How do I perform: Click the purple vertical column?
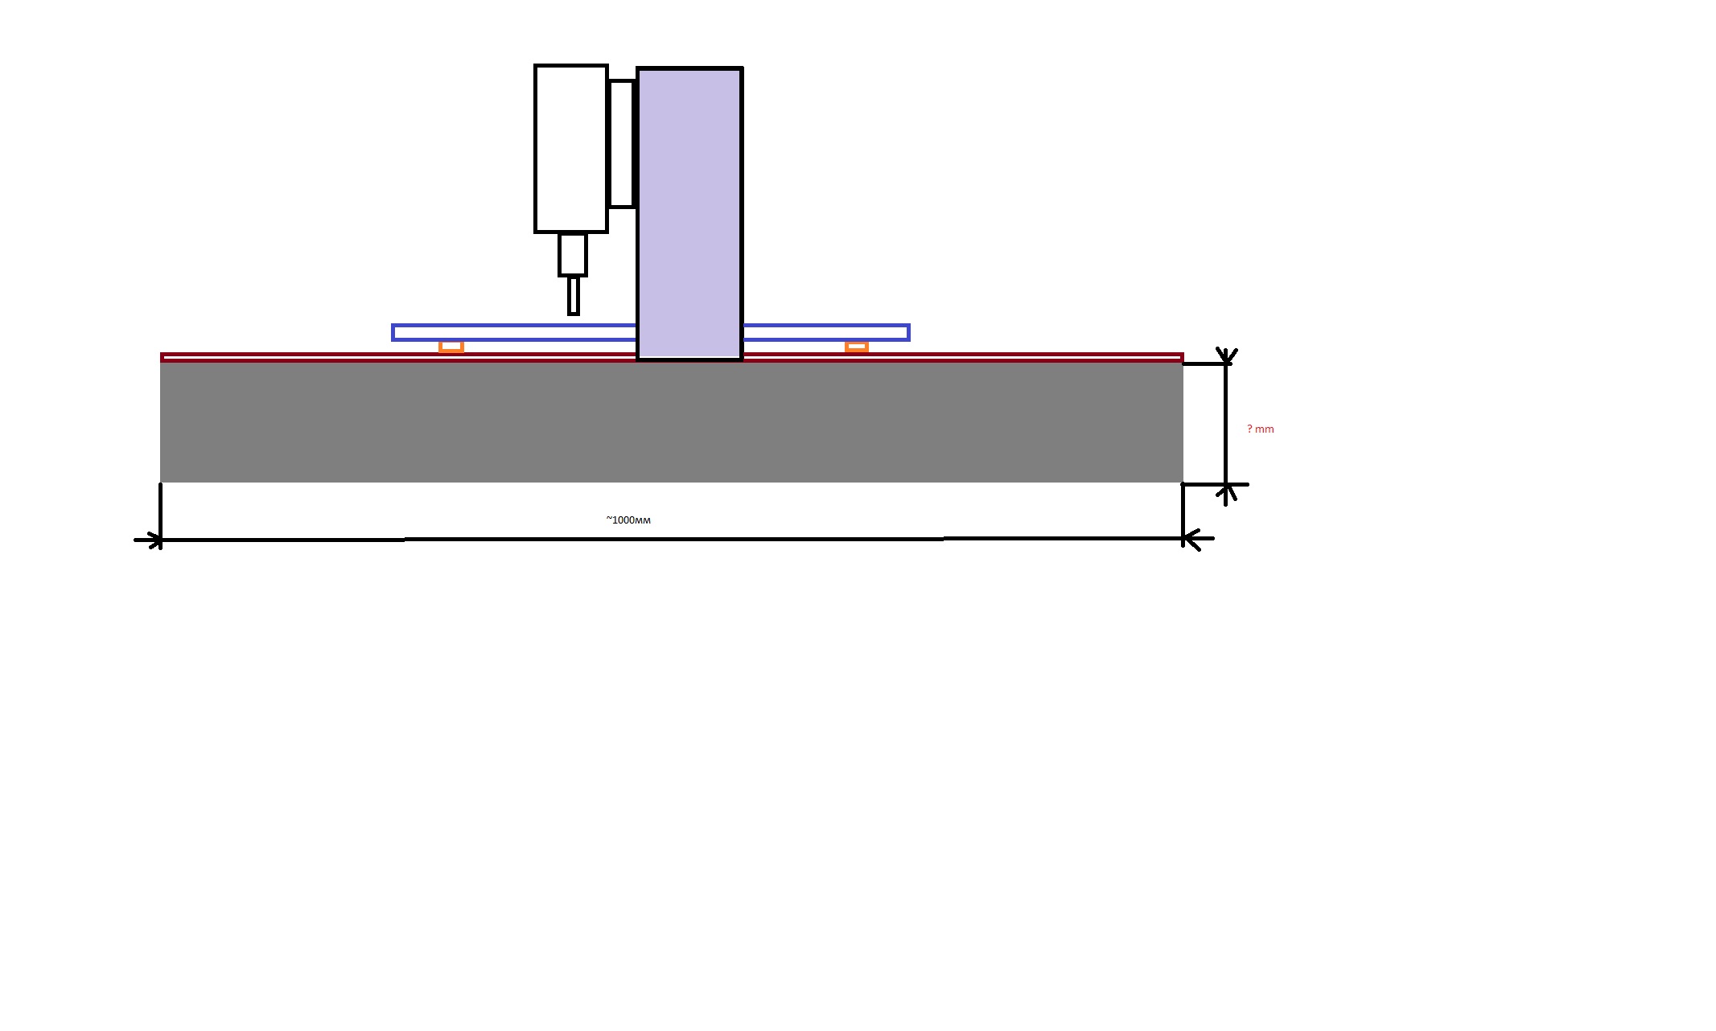pos(689,214)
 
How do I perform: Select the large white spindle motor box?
pos(571,149)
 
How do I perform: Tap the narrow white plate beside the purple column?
pos(621,144)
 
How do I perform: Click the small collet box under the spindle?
pos(573,255)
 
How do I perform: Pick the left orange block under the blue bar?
pos(451,347)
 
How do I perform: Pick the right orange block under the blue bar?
pos(857,347)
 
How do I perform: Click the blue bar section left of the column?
pos(514,332)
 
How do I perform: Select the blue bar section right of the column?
pos(826,332)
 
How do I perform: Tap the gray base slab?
pos(672,422)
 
